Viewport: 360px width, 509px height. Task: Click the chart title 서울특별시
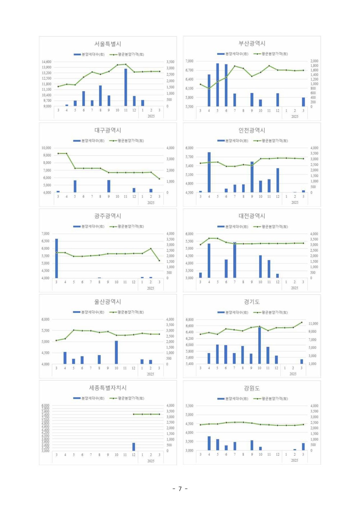point(108,44)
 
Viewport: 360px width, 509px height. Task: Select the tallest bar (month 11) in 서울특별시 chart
point(126,88)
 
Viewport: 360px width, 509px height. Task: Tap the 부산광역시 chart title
point(252,44)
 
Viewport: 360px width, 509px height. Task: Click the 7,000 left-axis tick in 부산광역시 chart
point(189,61)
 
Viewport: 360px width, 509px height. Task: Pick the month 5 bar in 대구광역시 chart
point(75,186)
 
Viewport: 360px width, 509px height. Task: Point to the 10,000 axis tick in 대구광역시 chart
point(46,148)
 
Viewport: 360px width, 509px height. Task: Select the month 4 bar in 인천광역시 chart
point(209,172)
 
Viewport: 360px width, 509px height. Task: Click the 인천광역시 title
point(252,130)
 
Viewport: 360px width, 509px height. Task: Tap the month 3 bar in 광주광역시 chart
point(57,258)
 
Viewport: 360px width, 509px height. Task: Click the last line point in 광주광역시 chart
point(159,260)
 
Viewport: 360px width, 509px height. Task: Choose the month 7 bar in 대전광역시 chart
point(235,260)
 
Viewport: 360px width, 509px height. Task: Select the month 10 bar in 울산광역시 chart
point(116,352)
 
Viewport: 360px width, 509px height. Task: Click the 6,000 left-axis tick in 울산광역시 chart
point(45,320)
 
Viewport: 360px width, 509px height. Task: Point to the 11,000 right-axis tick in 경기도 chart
point(313,323)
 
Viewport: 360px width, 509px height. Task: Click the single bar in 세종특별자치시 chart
point(134,447)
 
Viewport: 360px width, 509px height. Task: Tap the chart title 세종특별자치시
point(108,388)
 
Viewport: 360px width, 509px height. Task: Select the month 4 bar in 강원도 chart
point(209,443)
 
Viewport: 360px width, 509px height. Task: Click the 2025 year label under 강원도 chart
point(294,460)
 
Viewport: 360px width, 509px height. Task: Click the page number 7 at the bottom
point(180,489)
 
